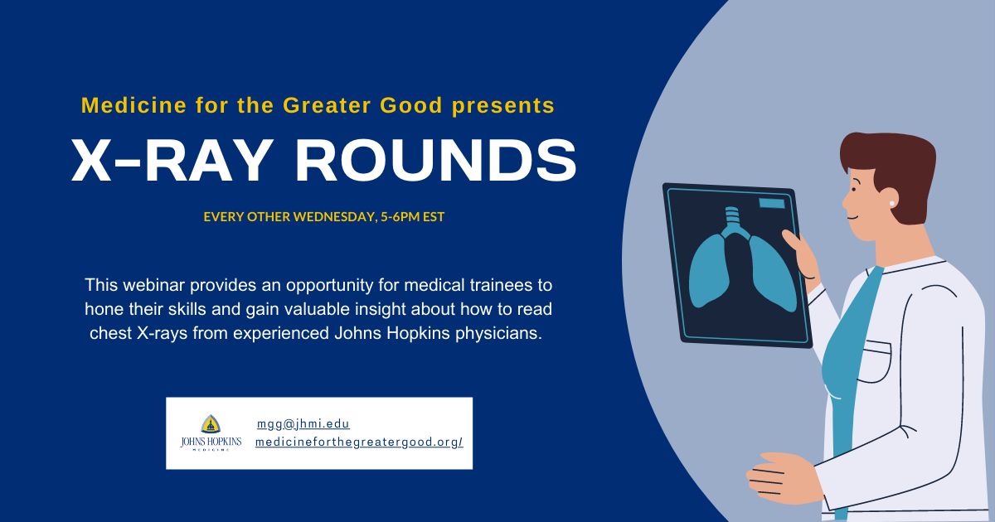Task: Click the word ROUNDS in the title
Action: coord(436,160)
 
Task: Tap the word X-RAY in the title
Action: coord(171,160)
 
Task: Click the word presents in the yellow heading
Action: coord(503,106)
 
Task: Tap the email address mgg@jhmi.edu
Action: coord(303,424)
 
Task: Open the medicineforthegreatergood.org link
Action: coord(359,442)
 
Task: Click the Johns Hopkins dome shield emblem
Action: coord(211,424)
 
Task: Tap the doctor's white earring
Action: coord(891,203)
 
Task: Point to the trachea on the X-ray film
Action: coord(731,220)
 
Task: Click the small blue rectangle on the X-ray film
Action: coord(772,203)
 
